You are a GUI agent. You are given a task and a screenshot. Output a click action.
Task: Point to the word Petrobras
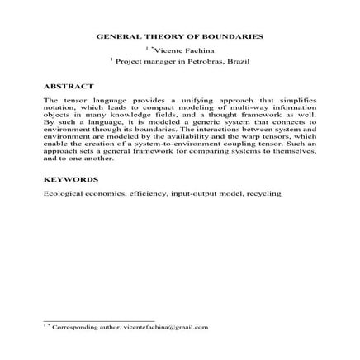(200, 62)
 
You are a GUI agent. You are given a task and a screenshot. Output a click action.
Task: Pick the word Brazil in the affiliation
(238, 62)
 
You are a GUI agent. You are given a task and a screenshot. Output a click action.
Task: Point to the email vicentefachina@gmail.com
(173, 327)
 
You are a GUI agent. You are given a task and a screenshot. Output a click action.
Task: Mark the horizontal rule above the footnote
(99, 320)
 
